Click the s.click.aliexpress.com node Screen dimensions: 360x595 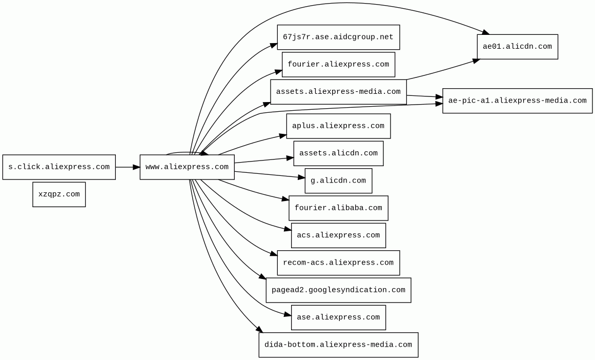pyautogui.click(x=59, y=167)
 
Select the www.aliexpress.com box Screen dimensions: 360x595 pyautogui.click(x=187, y=167)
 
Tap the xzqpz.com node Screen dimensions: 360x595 pyautogui.click(x=59, y=194)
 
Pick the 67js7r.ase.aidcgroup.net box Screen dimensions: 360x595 pyautogui.click(x=338, y=37)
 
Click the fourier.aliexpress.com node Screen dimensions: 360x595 pyautogui.click(x=338, y=65)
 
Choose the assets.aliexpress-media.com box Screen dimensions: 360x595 pyautogui.click(x=338, y=92)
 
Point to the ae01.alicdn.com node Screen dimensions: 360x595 pyautogui.click(x=517, y=47)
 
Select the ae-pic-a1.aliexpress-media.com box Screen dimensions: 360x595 pyautogui.click(x=517, y=101)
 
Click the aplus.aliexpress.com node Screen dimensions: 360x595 pyautogui.click(x=338, y=126)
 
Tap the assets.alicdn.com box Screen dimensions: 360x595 pyautogui.click(x=338, y=153)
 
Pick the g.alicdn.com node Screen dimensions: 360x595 pyautogui.click(x=338, y=181)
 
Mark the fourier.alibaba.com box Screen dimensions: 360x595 pyautogui.click(x=338, y=208)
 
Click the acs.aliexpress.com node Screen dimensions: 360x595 pyautogui.click(x=338, y=235)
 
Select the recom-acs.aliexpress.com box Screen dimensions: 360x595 pyautogui.click(x=338, y=263)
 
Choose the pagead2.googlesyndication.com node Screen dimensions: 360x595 pyautogui.click(x=338, y=290)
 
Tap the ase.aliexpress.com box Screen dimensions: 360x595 pyautogui.click(x=338, y=317)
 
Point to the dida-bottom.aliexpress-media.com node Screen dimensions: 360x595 pyautogui.click(x=338, y=345)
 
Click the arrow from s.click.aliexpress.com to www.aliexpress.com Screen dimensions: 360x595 pyautogui.click(x=127, y=167)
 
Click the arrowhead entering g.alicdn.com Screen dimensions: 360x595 pyautogui.click(x=302, y=177)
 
